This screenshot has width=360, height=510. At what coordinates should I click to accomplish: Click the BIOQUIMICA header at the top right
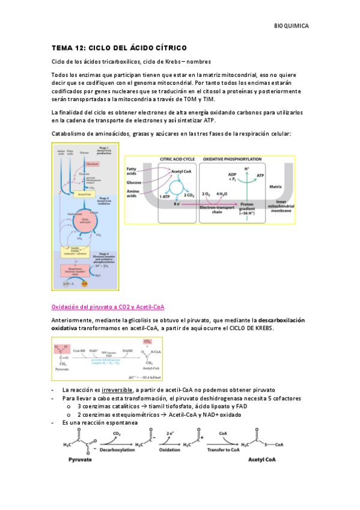coord(291,26)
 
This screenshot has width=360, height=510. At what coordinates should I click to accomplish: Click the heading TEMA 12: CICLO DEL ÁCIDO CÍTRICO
coord(119,48)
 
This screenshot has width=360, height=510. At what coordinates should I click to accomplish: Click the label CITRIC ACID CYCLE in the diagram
coord(178,159)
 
